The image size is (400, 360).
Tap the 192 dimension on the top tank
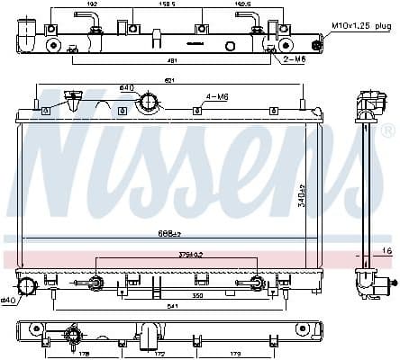[92, 4]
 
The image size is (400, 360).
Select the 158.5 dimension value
[168, 4]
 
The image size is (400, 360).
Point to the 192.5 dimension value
[241, 4]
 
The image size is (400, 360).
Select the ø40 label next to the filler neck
[126, 87]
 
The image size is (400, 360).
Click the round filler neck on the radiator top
[146, 104]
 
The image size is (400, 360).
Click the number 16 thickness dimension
[387, 249]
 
